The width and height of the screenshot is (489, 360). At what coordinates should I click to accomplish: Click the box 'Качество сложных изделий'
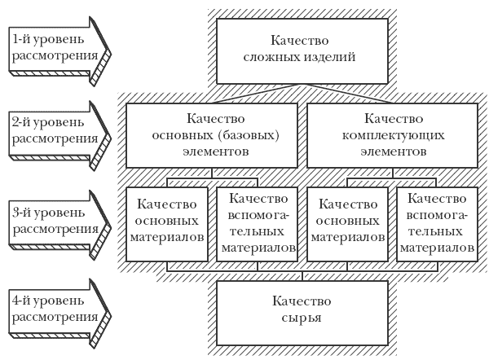tap(302, 51)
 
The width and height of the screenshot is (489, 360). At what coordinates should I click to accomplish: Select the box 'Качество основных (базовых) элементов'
tap(212, 135)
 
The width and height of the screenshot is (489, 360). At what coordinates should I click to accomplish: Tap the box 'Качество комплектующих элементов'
tap(392, 135)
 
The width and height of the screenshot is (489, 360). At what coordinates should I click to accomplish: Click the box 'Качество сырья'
tap(302, 313)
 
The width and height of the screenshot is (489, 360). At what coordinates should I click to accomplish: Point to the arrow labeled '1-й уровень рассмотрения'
tap(59, 51)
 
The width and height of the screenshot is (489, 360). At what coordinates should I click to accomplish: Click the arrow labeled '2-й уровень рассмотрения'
tap(59, 135)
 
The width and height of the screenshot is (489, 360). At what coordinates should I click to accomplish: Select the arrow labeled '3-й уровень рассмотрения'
tap(59, 225)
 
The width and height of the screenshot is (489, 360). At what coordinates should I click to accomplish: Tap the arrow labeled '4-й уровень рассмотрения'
tap(59, 313)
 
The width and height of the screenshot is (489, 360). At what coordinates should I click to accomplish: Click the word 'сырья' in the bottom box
tap(302, 318)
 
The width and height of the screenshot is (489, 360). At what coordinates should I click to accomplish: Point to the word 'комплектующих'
tap(394, 136)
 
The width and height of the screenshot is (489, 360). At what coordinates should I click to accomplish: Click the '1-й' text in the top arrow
tap(21, 40)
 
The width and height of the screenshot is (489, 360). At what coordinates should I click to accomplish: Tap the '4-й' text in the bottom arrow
tap(21, 301)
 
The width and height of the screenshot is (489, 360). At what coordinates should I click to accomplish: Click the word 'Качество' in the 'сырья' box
tap(302, 301)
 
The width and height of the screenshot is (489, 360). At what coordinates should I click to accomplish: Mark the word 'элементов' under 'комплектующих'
tap(394, 151)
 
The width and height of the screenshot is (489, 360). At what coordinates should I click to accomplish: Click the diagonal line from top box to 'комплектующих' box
tap(347, 94)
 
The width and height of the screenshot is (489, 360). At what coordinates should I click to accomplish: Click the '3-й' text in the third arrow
tap(22, 213)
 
